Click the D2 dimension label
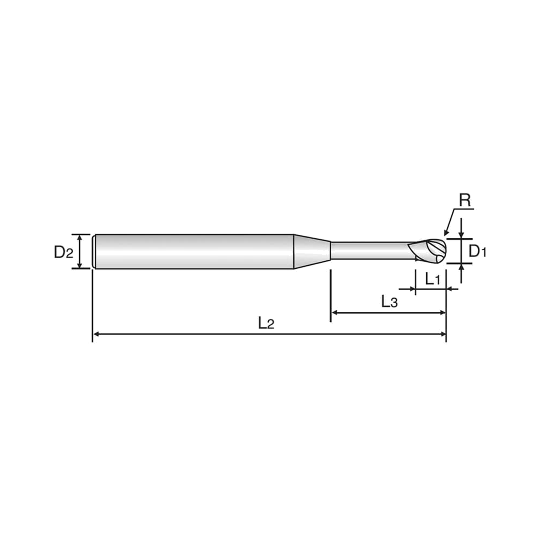click(x=63, y=252)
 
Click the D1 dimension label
click(x=477, y=251)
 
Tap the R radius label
click(x=465, y=200)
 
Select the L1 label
click(x=433, y=279)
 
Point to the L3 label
click(x=390, y=302)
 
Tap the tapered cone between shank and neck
click(x=312, y=251)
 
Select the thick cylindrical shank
click(x=194, y=252)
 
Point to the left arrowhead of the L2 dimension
click(x=96, y=334)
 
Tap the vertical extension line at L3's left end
click(x=331, y=296)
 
